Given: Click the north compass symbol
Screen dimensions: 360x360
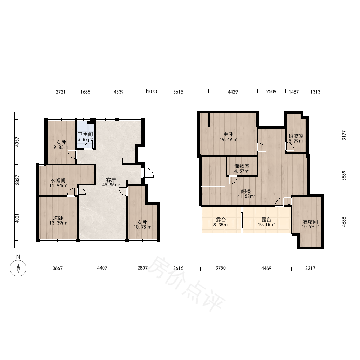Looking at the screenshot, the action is [18, 268].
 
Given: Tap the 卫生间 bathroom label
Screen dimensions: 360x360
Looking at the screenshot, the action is [85, 134].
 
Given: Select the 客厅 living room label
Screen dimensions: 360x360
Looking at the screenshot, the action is [111, 180].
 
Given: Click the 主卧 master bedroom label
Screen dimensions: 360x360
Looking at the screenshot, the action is [228, 134].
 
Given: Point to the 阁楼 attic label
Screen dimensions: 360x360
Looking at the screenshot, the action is [246, 191].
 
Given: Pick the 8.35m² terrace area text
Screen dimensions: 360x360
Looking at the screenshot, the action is [221, 225].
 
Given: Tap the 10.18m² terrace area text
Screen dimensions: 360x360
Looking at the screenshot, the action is [266, 225].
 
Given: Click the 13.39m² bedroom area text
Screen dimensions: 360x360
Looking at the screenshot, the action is [58, 223].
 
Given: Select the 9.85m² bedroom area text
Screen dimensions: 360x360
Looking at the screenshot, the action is [61, 147].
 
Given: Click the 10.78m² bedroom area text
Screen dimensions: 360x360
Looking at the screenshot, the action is [142, 227].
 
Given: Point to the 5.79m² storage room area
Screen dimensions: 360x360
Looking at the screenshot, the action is [296, 141].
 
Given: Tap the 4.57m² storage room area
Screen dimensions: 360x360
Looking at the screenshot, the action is [242, 171].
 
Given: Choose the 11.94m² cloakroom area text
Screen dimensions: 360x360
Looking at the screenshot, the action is [58, 185].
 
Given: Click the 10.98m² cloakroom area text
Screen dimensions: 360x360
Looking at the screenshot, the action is [310, 226].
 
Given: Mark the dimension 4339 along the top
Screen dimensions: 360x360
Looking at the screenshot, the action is [119, 92].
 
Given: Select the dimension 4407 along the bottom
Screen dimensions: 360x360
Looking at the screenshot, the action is [102, 268].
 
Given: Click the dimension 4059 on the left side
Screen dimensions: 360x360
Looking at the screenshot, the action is [17, 142].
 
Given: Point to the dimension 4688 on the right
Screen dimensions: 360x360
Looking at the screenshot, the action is [344, 222].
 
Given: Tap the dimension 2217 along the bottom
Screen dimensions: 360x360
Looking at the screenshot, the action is [310, 268].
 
